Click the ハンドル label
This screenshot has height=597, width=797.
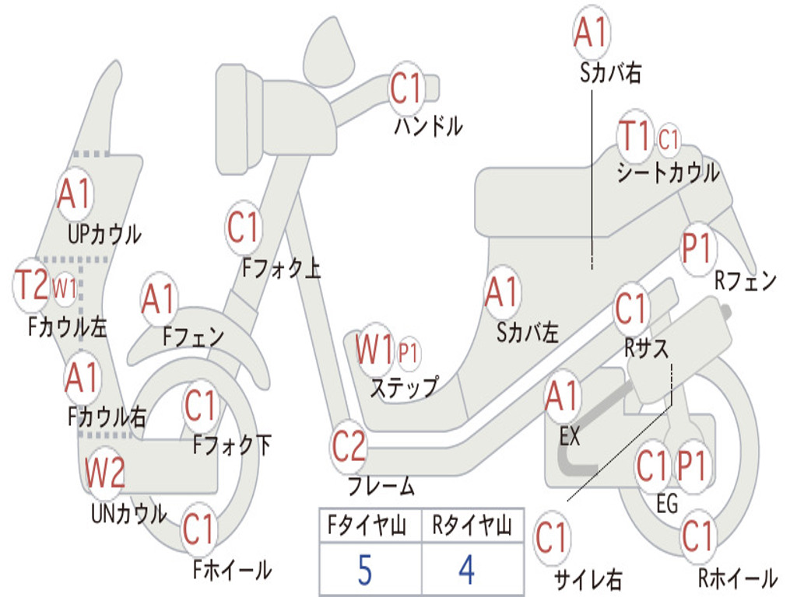pos(428,125)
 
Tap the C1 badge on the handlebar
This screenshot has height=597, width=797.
pos(406,89)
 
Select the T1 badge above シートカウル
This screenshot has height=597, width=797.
pos(634,138)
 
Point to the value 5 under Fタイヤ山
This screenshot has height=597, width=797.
pos(365,569)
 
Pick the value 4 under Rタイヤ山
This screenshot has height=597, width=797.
pos(466,569)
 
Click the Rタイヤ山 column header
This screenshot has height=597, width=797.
pos(472,528)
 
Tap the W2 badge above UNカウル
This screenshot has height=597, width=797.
pos(105,472)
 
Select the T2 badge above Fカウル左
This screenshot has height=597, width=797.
pos(33,285)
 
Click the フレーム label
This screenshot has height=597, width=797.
pos(381,487)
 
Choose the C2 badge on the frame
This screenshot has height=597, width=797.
pos(349,446)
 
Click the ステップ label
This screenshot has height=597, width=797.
pos(403,386)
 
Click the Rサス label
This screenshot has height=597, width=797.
pos(647,348)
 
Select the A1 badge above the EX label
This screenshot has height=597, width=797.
pos(563,396)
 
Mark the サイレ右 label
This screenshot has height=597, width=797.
pos(588,579)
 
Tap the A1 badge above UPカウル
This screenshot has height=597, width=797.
pos(75,194)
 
